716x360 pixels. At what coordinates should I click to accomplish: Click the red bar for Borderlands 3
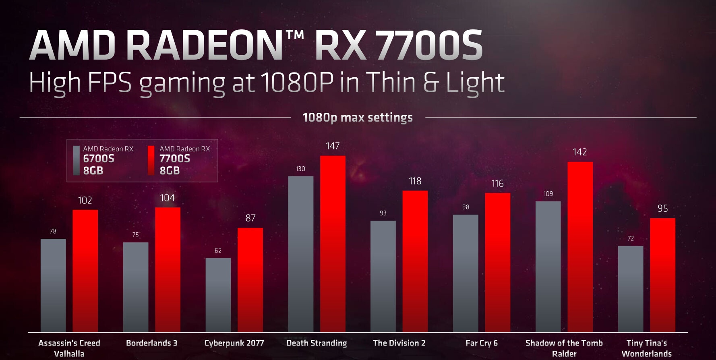click(168, 269)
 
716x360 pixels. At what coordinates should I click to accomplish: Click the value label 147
click(333, 146)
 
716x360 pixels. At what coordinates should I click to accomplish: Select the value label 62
click(218, 250)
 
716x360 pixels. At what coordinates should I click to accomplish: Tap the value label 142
click(580, 152)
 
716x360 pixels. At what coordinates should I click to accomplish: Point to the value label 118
click(415, 181)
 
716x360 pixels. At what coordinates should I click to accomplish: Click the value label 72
click(631, 238)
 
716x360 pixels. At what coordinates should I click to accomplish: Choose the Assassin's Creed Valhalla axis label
click(69, 348)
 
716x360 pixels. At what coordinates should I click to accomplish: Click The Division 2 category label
click(399, 343)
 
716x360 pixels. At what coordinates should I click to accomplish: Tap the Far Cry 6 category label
click(482, 343)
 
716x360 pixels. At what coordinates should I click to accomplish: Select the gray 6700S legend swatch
click(76, 160)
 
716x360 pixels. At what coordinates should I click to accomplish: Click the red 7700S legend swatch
click(151, 160)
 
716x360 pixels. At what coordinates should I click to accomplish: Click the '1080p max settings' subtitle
click(358, 118)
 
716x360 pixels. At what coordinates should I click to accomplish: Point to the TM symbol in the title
click(295, 35)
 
